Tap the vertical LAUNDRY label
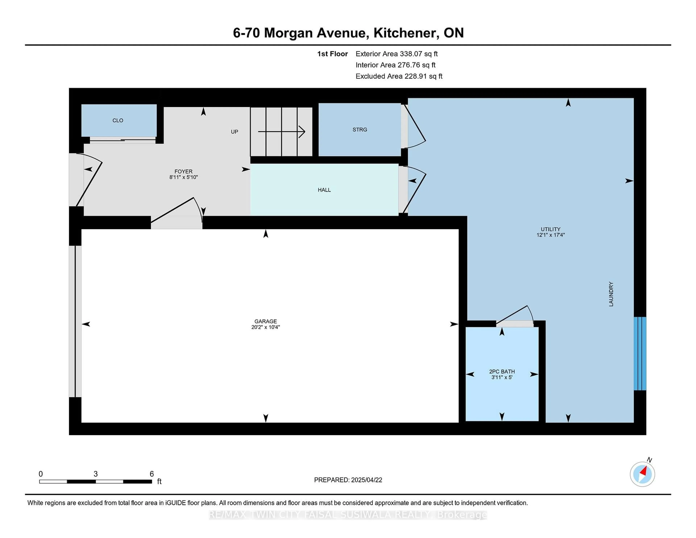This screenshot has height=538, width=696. pyautogui.click(x=611, y=294)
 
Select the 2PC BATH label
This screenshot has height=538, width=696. pyautogui.click(x=502, y=371)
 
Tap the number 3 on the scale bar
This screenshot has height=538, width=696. pyautogui.click(x=96, y=474)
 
